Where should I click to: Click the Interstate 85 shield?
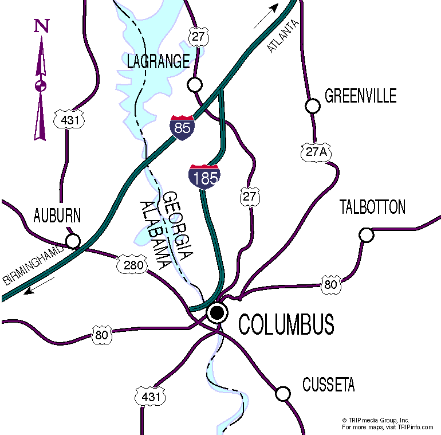coord(182,127)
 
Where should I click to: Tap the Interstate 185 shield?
coord(204,177)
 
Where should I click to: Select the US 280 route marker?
coord(133,265)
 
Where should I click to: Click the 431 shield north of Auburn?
coord(69,119)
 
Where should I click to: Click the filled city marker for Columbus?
coord(217,312)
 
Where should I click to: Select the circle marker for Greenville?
coord(312,106)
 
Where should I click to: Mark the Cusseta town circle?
coord(283,394)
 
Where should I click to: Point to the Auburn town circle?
coord(73,241)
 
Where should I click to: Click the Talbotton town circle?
coord(367,235)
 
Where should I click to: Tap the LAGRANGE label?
coord(158,61)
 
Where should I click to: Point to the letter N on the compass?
coord(41,26)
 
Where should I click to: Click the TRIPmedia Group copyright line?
coord(376,420)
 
